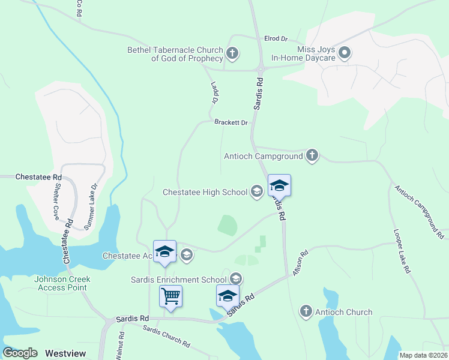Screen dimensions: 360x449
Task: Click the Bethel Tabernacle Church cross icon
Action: coord(232,54)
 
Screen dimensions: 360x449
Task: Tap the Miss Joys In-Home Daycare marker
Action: coord(345,54)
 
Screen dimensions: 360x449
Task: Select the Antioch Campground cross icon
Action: coord(312,156)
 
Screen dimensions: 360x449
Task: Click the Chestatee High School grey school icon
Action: coord(257,192)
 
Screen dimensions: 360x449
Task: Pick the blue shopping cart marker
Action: coord(171,296)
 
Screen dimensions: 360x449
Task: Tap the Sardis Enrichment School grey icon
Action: coord(236,279)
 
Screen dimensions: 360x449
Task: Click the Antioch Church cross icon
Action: coord(306,311)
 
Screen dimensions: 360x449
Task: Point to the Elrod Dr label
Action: coord(276,38)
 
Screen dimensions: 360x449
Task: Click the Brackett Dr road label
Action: coord(231,122)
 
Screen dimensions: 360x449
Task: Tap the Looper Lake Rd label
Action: coord(402,251)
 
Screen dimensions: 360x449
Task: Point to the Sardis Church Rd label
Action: coord(166,337)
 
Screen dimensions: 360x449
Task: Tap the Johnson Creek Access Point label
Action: coord(61,283)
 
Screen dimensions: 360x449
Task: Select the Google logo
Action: coord(20,353)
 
